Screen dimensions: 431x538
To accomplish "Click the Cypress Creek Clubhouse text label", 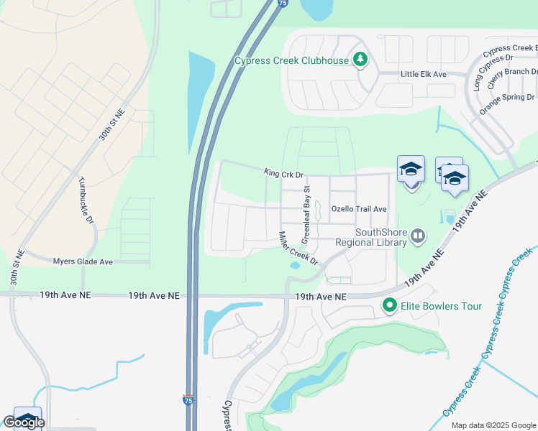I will pyautogui.click(x=291, y=60).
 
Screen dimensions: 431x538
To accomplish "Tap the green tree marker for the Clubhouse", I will pyautogui.click(x=360, y=60).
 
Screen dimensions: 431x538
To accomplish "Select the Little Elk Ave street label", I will pyautogui.click(x=424, y=74).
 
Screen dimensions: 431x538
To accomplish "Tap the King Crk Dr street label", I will pyautogui.click(x=284, y=174).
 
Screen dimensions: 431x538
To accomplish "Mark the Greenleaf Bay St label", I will pyautogui.click(x=306, y=213).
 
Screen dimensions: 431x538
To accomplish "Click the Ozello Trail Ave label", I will pyautogui.click(x=359, y=209).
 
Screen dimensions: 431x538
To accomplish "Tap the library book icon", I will pyautogui.click(x=418, y=235).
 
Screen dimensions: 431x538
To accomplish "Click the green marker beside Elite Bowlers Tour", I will pyautogui.click(x=390, y=306).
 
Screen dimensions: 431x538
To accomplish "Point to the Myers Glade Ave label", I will pyautogui.click(x=83, y=261).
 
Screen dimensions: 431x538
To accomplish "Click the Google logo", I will pyautogui.click(x=24, y=422).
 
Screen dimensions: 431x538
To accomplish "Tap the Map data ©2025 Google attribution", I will pyautogui.click(x=493, y=425).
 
